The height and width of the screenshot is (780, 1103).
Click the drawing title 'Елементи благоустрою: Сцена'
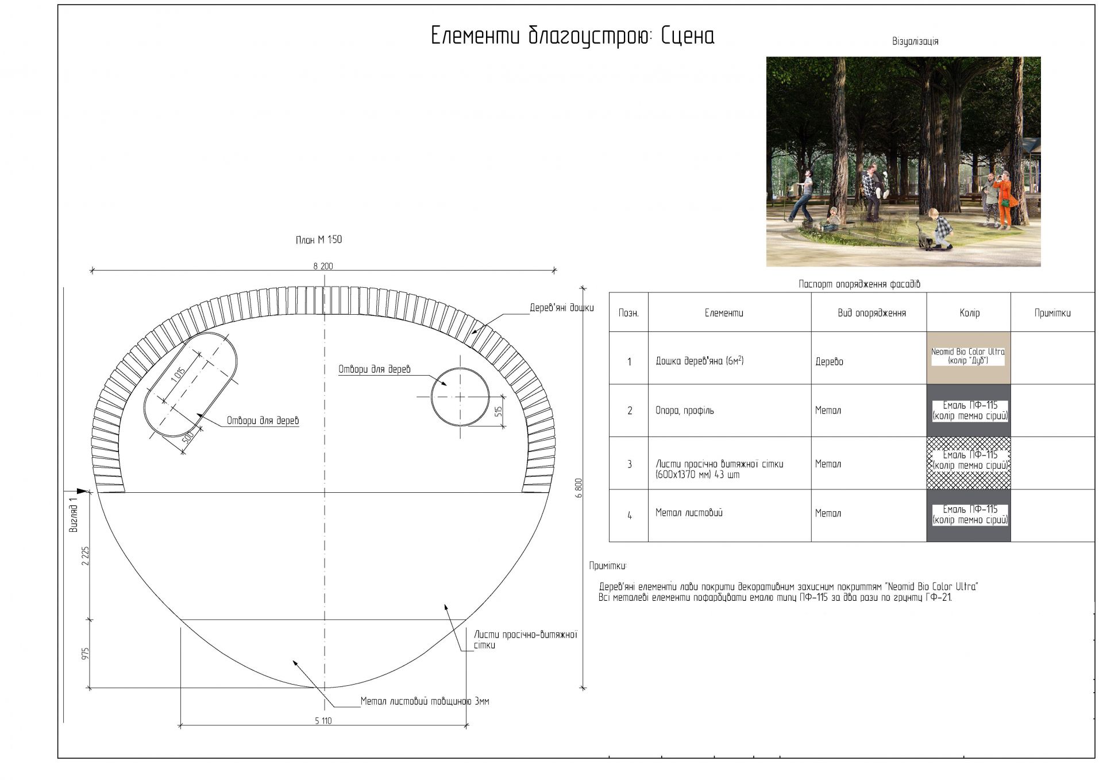572,36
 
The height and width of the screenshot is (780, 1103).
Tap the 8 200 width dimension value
323,266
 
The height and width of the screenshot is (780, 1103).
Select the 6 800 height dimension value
579,488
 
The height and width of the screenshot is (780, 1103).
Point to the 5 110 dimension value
323,721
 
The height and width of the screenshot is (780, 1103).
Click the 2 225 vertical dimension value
86,555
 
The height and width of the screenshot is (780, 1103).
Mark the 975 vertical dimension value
86,654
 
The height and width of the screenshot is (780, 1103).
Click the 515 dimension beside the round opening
498,411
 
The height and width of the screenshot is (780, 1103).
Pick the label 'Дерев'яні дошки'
561,308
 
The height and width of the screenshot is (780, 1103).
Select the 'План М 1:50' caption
319,240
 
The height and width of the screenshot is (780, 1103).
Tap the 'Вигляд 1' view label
73,515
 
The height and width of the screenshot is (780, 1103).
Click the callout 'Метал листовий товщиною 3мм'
425,701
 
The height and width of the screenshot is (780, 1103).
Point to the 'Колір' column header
969,313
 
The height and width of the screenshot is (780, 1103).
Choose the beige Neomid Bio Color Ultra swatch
969,358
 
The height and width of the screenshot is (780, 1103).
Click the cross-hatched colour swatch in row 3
969,463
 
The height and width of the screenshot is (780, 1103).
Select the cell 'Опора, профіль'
684,411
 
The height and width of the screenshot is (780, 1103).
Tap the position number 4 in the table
630,516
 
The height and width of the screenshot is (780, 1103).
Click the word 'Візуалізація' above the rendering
915,41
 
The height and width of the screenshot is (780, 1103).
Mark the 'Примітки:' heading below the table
608,566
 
